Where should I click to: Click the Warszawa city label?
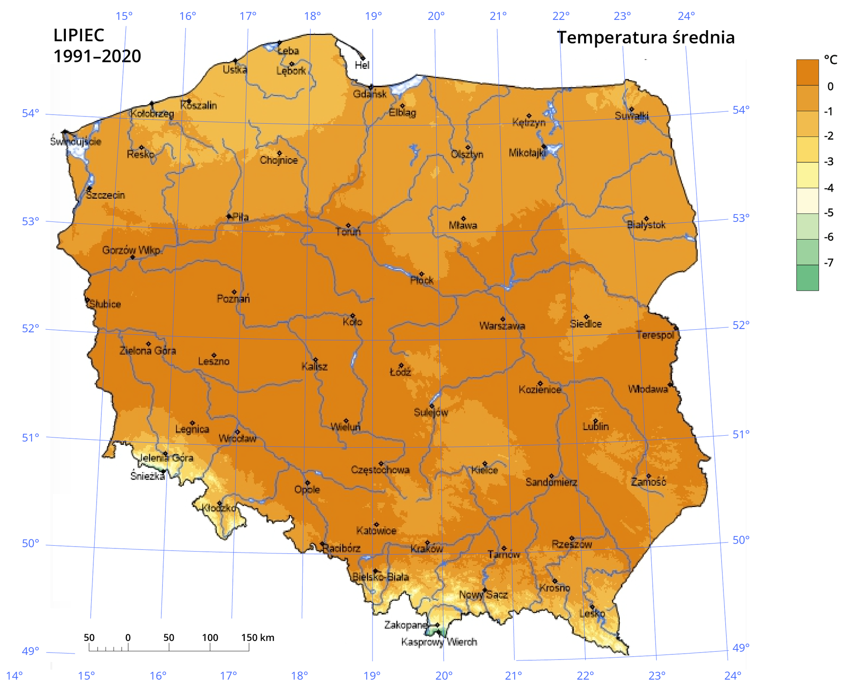point(502,326)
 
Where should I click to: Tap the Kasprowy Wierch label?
point(439,642)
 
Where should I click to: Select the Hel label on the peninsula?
point(362,65)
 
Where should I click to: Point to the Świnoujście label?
point(75,142)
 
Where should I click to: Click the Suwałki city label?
point(631,116)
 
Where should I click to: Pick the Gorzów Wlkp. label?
point(132,250)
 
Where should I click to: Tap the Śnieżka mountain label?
point(147,476)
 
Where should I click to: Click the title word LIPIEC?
point(78,35)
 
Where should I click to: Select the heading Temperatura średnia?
point(645,37)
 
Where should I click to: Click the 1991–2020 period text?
point(97,56)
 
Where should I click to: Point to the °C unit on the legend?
point(830,60)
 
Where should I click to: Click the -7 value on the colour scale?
point(829,263)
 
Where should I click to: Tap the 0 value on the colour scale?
point(830,87)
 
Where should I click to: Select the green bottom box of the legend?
point(807,278)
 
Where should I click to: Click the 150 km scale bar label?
point(258,637)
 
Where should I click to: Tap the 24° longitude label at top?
point(686,16)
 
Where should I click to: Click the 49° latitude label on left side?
point(30,651)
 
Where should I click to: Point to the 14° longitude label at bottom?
point(14,676)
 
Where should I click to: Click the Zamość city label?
point(648,482)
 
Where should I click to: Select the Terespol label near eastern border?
point(655,335)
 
